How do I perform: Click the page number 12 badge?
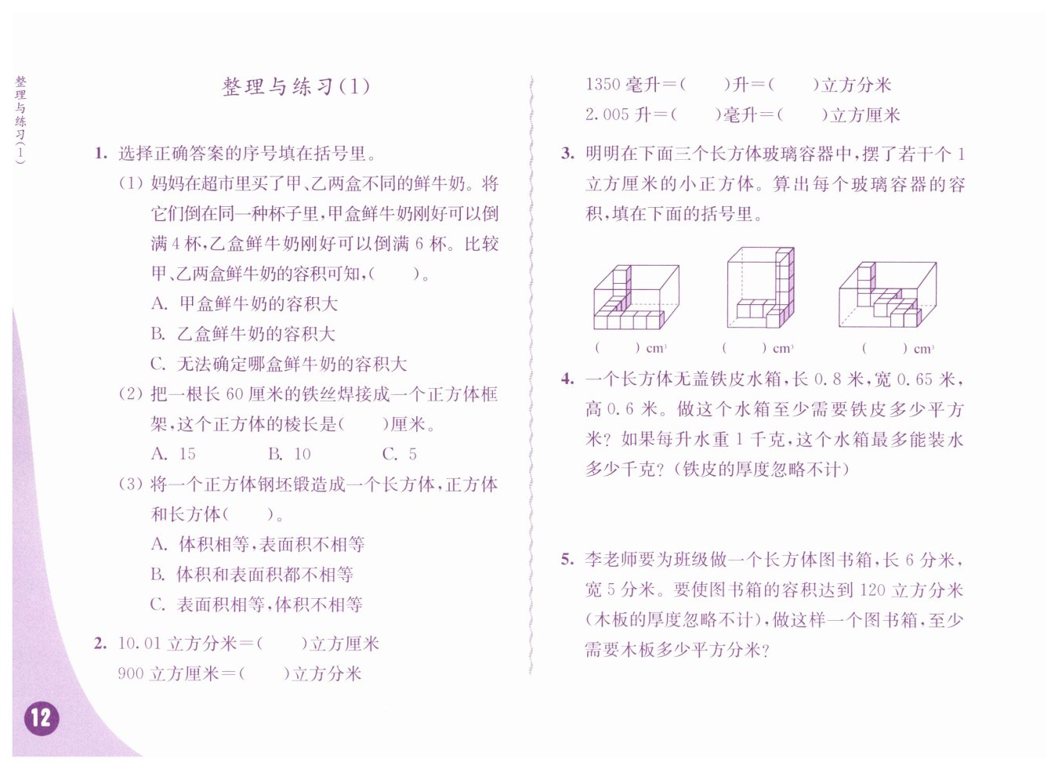pyautogui.click(x=42, y=718)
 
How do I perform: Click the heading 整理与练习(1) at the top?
pyautogui.click(x=295, y=86)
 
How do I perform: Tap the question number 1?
pyautogui.click(x=100, y=153)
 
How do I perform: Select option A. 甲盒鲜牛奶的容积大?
pyautogui.click(x=245, y=303)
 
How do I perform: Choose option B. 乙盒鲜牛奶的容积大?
pyautogui.click(x=243, y=333)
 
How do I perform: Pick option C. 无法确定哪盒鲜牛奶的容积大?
pyautogui.click(x=279, y=364)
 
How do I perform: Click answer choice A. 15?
pyautogui.click(x=173, y=453)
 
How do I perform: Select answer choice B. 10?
pyautogui.click(x=289, y=453)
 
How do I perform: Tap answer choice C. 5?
pyautogui.click(x=399, y=453)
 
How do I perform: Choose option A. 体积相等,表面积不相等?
pyautogui.click(x=258, y=544)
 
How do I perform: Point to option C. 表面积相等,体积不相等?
pyautogui.click(x=256, y=604)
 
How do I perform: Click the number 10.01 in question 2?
pyautogui.click(x=139, y=644)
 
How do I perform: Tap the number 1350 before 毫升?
pyautogui.click(x=603, y=85)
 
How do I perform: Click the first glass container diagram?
pyautogui.click(x=636, y=296)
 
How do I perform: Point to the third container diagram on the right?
pyautogui.click(x=887, y=294)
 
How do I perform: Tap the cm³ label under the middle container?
pyautogui.click(x=783, y=349)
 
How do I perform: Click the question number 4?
pyautogui.click(x=568, y=379)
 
